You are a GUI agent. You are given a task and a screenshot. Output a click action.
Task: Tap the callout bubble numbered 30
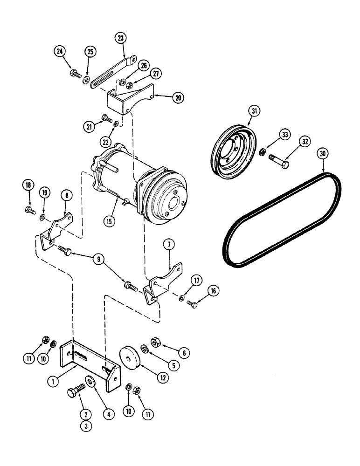pyautogui.click(x=321, y=153)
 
